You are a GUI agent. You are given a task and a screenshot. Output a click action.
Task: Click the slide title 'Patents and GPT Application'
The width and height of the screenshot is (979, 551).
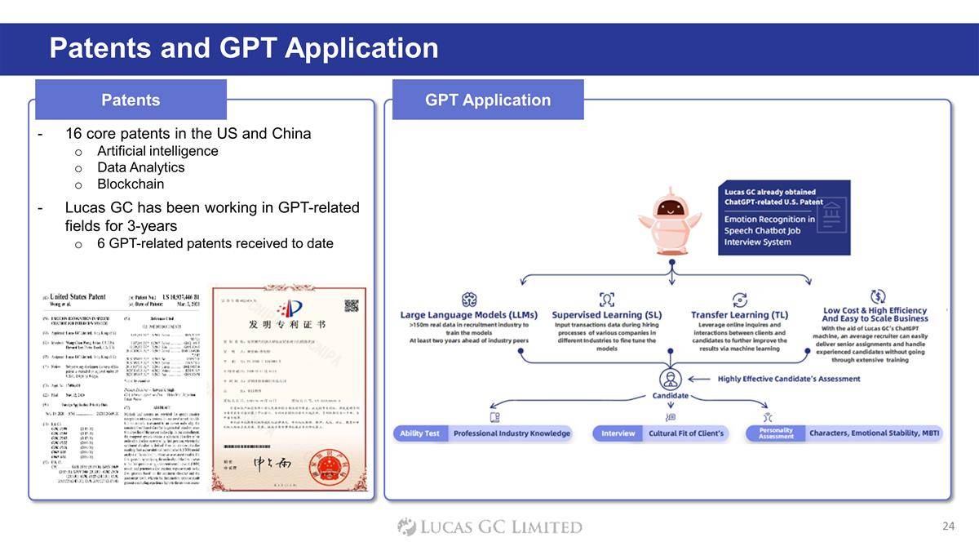243,48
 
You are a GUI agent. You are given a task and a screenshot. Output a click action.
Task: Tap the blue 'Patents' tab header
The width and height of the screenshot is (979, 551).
131,100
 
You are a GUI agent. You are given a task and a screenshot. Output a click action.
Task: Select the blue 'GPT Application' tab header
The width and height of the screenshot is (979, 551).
488,100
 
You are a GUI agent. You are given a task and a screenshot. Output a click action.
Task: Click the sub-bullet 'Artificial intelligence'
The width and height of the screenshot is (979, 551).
157,151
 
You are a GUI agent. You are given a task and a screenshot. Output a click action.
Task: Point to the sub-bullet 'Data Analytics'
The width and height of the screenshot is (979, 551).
140,167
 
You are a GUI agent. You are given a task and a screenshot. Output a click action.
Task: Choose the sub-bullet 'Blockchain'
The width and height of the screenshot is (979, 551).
131,184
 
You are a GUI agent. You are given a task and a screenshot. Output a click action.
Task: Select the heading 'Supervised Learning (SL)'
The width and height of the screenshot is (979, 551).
607,314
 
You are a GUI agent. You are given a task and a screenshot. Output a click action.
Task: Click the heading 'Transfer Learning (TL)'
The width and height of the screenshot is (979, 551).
739,314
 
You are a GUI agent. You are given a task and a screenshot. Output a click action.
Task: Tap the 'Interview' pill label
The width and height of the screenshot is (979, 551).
618,433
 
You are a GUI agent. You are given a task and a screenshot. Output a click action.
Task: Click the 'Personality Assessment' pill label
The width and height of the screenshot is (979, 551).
775,433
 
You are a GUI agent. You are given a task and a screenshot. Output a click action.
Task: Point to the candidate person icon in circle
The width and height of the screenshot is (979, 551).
671,380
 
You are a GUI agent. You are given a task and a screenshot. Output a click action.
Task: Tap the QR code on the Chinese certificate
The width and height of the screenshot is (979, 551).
352,306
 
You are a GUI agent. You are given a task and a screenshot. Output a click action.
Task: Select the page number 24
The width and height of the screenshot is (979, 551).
947,527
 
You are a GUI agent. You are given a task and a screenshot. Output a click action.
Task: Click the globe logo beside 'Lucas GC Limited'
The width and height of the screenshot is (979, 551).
406,527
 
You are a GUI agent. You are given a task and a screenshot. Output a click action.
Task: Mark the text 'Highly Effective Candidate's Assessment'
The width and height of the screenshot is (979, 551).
788,379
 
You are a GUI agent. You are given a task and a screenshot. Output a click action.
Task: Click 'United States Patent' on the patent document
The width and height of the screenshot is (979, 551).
78,295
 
